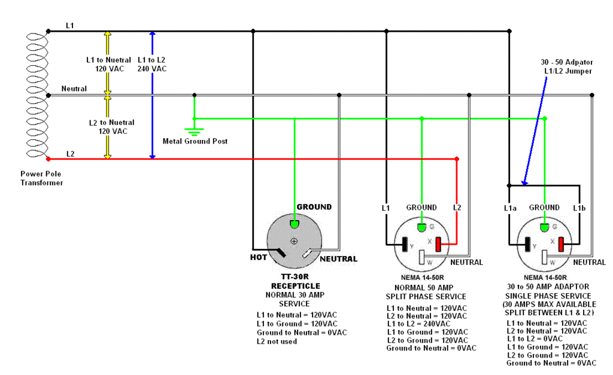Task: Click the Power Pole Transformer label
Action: coord(43,178)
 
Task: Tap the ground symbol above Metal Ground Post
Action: coord(194,131)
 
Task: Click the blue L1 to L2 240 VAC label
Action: coord(152,64)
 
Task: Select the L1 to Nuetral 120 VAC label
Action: coord(105,64)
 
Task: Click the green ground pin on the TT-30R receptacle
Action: coord(295,224)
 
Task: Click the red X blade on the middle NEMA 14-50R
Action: coord(438,245)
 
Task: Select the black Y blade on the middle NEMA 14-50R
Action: coord(405,245)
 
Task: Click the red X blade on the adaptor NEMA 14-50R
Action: coord(562,245)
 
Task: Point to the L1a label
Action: coord(509,208)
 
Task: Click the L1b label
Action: coord(578,208)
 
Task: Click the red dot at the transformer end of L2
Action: coord(48,158)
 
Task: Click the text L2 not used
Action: coord(277,341)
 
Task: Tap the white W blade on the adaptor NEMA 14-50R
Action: coord(545,258)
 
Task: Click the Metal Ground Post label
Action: coord(195,141)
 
